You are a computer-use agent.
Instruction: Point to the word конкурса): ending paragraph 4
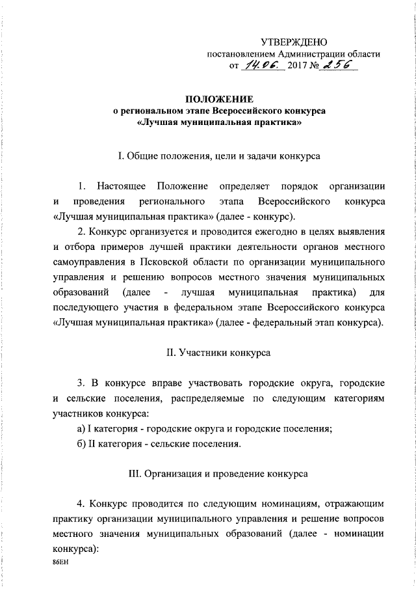(x=73, y=548)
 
